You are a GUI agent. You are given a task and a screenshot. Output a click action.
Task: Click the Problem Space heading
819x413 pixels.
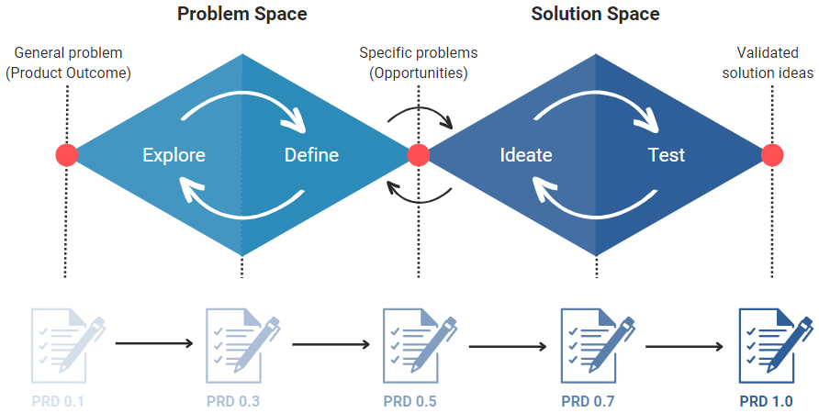(242, 14)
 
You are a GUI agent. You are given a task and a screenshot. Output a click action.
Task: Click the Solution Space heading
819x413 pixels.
(596, 14)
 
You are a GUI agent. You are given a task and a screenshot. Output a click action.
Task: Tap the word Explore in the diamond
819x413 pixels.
(174, 155)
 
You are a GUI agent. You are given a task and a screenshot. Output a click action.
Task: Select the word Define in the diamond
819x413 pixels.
(311, 155)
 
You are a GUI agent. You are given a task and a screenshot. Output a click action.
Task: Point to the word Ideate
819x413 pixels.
(526, 155)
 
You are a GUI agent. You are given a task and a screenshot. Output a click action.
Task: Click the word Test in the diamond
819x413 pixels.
(666, 155)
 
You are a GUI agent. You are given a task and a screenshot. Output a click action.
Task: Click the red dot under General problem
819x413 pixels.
(66, 155)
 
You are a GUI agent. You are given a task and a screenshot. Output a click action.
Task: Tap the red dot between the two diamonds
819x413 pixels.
(418, 155)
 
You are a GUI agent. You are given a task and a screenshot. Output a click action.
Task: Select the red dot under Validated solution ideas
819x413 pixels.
(772, 155)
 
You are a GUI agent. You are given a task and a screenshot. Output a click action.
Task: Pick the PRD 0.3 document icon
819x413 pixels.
(241, 346)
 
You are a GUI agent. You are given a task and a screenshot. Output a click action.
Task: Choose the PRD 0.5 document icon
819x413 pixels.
(418, 346)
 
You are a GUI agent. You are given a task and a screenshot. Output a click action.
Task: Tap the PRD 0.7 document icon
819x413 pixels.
(596, 346)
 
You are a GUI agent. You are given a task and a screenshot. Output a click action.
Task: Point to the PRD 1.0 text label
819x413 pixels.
(766, 401)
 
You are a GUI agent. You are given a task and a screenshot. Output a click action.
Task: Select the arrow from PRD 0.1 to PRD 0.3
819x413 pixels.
(154, 344)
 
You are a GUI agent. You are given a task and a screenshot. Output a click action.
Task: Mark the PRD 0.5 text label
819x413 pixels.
(409, 401)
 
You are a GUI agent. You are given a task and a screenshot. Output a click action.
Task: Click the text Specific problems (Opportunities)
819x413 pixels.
(418, 62)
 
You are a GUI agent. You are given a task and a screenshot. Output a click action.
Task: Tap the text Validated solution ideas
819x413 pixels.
(768, 62)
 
